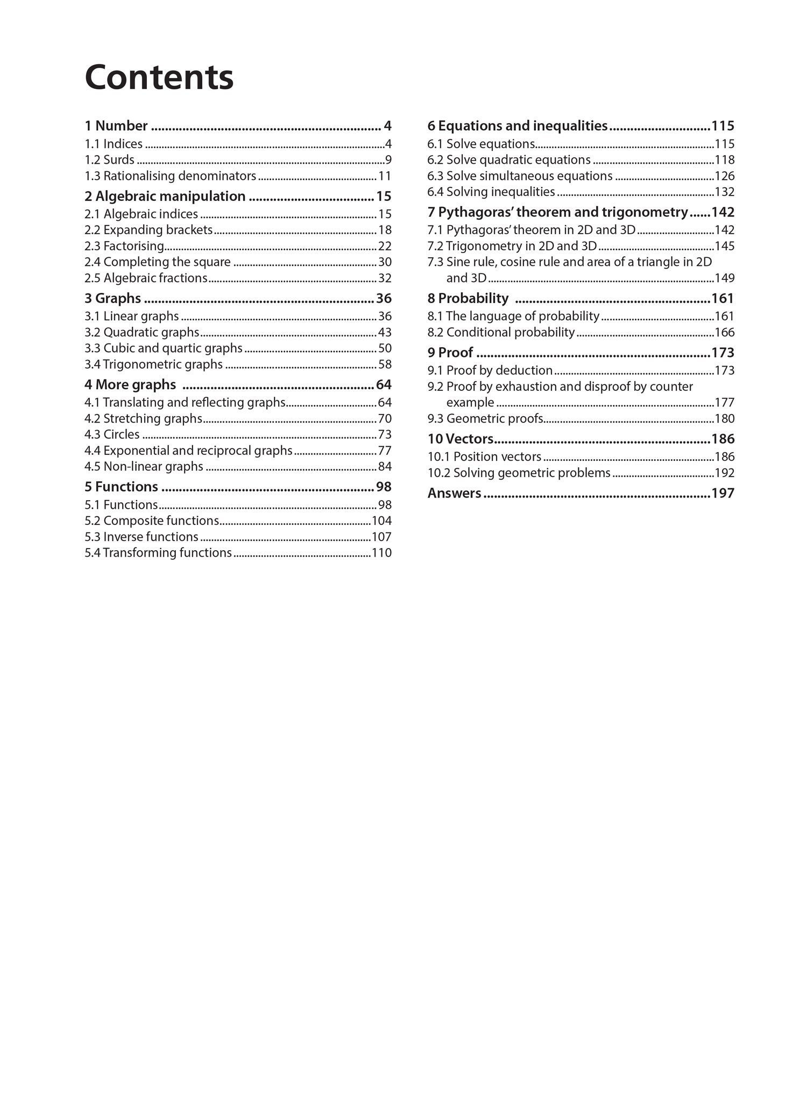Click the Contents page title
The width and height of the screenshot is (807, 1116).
point(159,78)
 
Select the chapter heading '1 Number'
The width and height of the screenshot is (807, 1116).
point(116,126)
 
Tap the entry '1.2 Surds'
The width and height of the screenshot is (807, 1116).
point(109,160)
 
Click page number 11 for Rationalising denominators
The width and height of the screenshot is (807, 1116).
point(385,176)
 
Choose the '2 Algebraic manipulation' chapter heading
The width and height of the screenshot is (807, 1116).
point(165,196)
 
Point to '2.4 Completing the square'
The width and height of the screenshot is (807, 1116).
point(157,262)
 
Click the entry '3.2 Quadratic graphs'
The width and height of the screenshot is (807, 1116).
point(141,332)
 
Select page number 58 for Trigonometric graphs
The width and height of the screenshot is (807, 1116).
point(385,364)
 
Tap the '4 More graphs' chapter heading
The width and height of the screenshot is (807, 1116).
point(130,384)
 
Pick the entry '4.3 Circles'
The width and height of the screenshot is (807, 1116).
point(112,434)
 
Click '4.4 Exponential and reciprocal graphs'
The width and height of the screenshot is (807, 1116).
point(188,451)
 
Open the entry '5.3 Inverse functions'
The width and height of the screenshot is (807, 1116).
point(141,537)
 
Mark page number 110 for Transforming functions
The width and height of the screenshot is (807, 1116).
point(381,553)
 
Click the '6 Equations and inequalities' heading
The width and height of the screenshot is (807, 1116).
point(517,126)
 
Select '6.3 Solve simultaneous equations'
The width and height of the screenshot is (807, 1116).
point(520,176)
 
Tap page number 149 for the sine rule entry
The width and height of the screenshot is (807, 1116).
point(724,278)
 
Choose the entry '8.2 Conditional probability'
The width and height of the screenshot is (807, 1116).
point(501,332)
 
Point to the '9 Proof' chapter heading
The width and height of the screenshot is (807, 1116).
point(450,353)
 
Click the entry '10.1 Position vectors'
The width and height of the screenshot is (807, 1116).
point(484,457)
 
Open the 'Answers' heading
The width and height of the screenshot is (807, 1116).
point(454,493)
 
